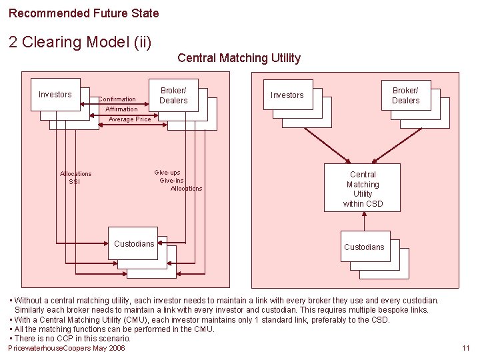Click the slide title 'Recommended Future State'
tap(84, 13)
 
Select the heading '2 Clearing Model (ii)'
tap(81, 42)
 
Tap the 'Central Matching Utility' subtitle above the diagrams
tap(239, 58)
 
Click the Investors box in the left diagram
tap(55, 95)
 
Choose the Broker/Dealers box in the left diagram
tap(173, 95)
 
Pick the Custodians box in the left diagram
tap(134, 244)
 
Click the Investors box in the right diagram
tap(287, 95)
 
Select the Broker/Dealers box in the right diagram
tap(405, 95)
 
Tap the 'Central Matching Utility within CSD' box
tap(363, 189)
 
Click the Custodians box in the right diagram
tap(364, 247)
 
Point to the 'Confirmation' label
tap(117, 99)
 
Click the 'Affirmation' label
tap(121, 109)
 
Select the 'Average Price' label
tap(129, 119)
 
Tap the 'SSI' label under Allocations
tap(74, 181)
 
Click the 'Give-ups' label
tap(167, 173)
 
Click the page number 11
tap(465, 348)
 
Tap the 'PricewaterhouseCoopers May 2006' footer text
tap(67, 348)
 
